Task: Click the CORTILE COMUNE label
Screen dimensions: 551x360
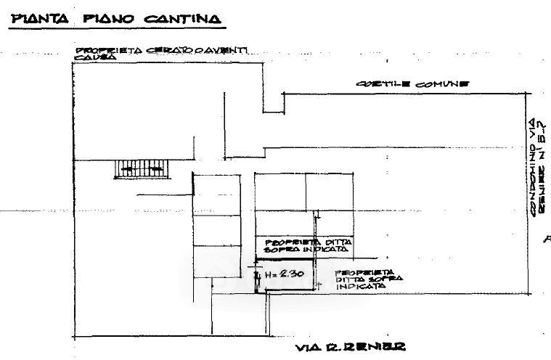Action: (412, 83)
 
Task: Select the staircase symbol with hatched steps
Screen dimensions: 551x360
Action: (141, 168)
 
